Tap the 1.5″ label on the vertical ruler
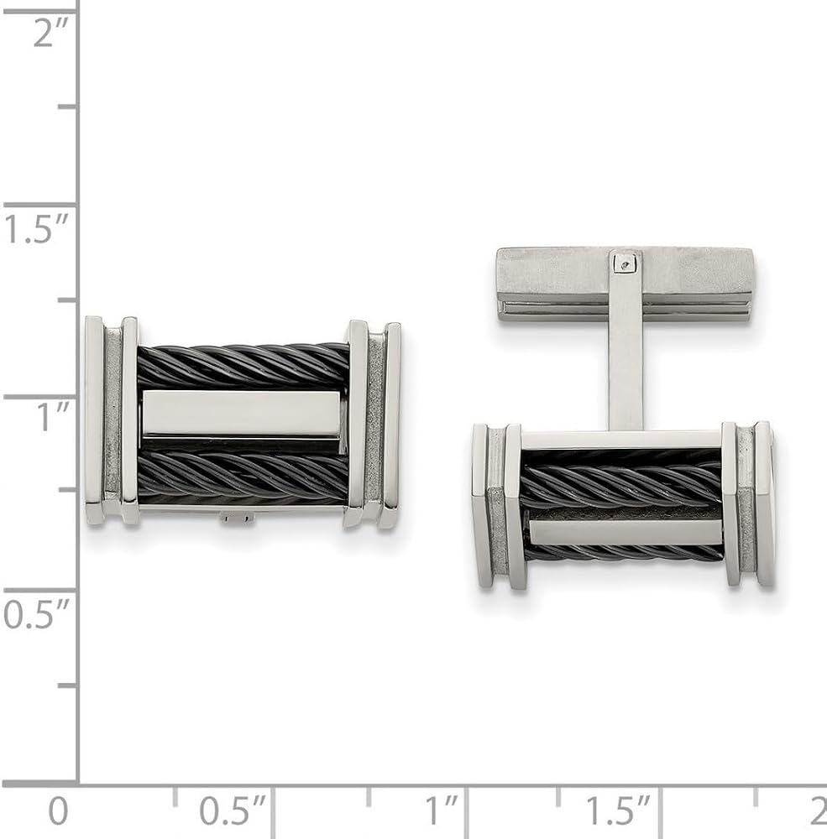(x=36, y=228)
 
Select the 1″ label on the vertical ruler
(x=53, y=417)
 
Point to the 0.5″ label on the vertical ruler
(x=36, y=614)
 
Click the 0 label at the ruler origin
(x=59, y=810)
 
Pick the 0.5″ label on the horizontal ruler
(x=233, y=810)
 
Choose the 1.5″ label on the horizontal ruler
(x=618, y=810)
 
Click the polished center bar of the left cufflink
(x=241, y=414)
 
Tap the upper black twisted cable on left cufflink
(x=243, y=366)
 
